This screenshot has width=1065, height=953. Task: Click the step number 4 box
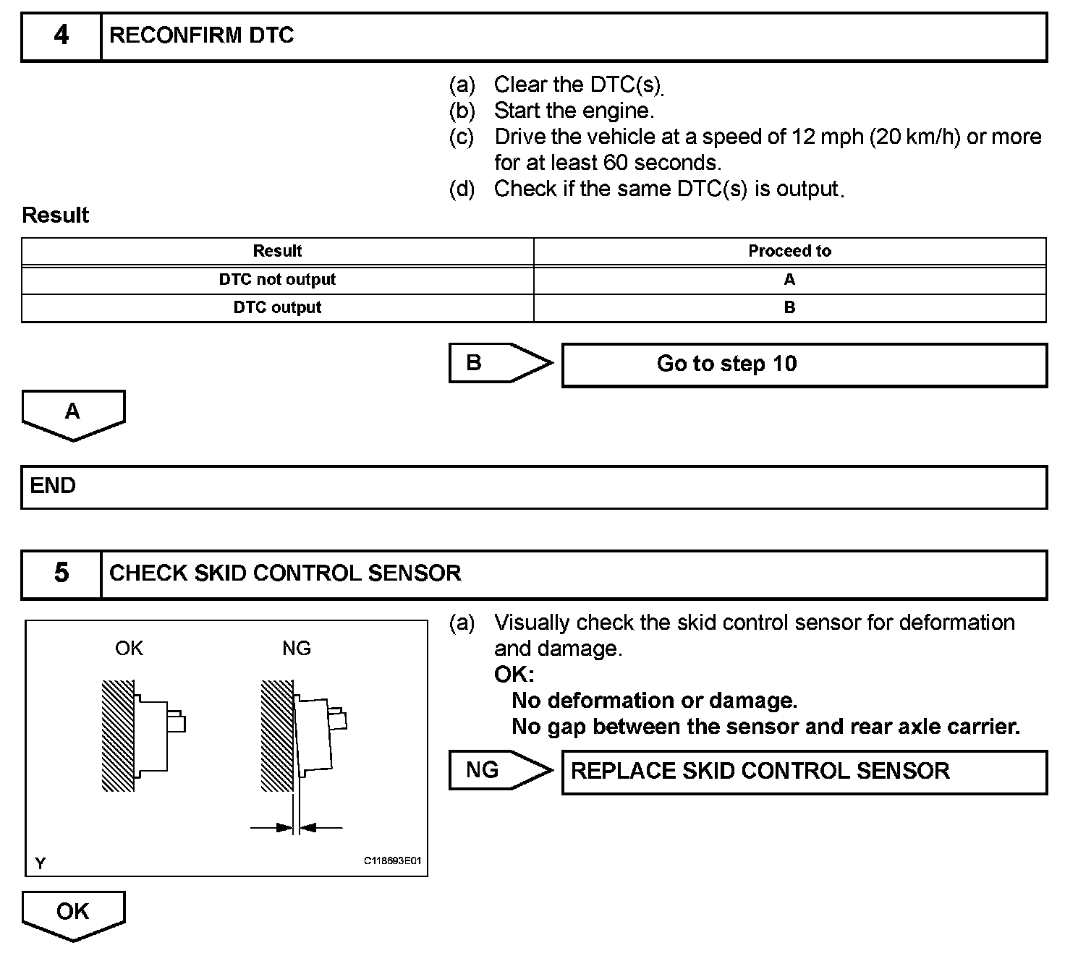(x=61, y=35)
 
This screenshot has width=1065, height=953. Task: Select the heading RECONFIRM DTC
(x=202, y=35)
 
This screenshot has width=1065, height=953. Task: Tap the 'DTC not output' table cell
(x=277, y=280)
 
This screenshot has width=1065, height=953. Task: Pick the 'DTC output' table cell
(x=277, y=307)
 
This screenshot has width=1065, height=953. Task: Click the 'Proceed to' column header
(x=789, y=251)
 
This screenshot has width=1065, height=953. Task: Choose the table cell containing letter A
(x=789, y=280)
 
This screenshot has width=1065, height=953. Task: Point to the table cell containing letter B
(x=789, y=307)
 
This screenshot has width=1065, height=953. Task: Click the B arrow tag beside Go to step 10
(x=492, y=363)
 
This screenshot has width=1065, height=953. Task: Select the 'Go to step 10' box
(x=803, y=364)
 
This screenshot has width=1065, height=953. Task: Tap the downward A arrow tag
(x=73, y=414)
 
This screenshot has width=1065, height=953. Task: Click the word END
(x=53, y=486)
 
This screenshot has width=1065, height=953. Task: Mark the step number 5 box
(x=61, y=573)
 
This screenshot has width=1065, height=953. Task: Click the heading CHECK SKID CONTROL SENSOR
(x=285, y=573)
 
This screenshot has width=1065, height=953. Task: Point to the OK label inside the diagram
(x=129, y=649)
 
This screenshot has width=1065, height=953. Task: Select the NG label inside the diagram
(x=297, y=649)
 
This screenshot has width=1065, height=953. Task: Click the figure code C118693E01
(x=392, y=861)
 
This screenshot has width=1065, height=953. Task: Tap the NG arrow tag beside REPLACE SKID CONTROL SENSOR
(x=492, y=770)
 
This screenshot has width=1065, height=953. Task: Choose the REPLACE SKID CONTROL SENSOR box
(x=803, y=772)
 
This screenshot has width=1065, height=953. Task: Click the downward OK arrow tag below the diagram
(x=73, y=913)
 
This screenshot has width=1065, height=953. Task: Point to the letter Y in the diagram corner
(x=40, y=863)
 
